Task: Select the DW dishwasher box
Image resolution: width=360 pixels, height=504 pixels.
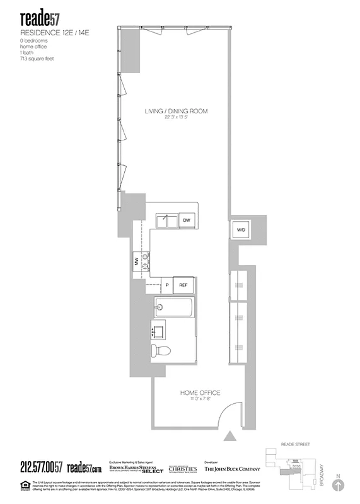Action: [187, 220]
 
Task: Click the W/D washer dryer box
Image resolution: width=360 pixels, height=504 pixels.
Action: [241, 230]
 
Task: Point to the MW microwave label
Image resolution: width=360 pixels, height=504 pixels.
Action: [136, 261]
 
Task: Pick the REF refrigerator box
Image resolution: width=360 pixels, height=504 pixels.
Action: [183, 285]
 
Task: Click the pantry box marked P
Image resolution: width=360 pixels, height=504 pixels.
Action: [167, 285]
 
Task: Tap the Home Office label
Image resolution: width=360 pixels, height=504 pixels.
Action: [200, 393]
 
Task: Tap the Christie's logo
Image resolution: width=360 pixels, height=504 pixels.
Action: [182, 469]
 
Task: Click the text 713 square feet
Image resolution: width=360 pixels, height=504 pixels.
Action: [37, 57]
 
